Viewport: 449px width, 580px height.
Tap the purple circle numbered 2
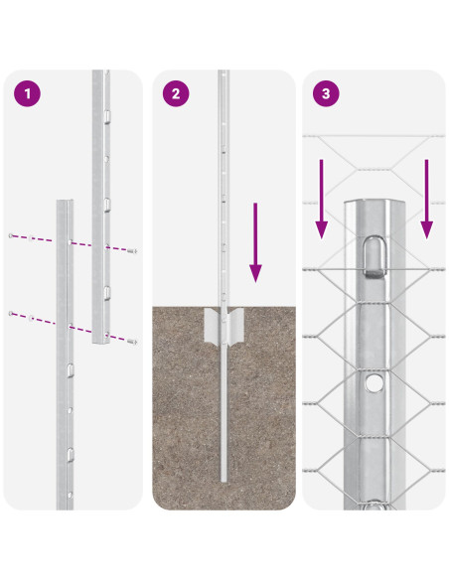pyautogui.click(x=176, y=94)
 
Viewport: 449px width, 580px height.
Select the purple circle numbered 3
pyautogui.click(x=325, y=94)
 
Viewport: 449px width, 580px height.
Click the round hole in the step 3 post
pyautogui.click(x=374, y=381)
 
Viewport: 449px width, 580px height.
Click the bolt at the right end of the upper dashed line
pyautogui.click(x=133, y=251)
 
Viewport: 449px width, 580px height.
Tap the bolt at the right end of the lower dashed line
pyautogui.click(x=133, y=341)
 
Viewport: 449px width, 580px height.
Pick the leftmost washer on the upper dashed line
pyautogui.click(x=11, y=235)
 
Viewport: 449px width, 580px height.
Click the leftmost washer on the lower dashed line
pyautogui.click(x=11, y=314)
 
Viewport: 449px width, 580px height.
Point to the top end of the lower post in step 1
pyautogui.click(x=65, y=203)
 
